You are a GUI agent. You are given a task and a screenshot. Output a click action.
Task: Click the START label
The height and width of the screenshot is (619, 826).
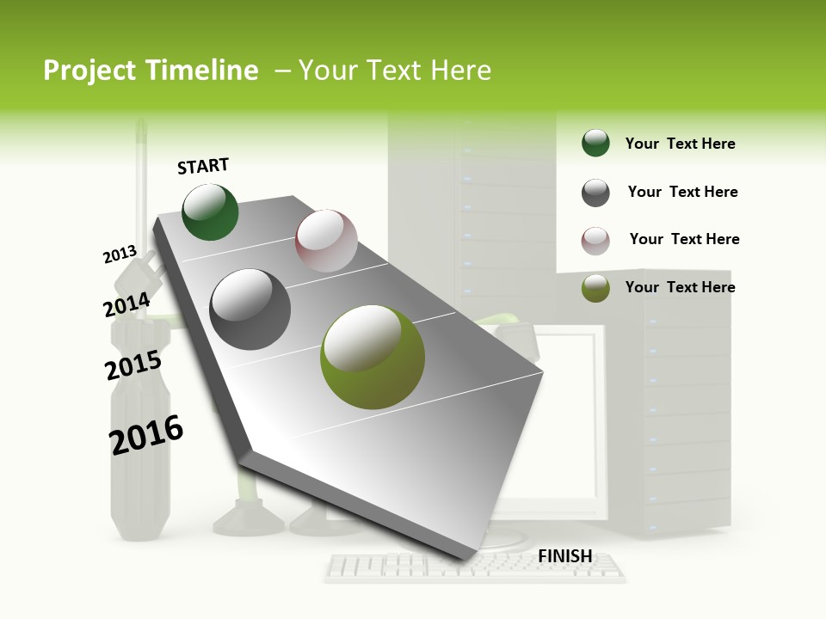(203, 166)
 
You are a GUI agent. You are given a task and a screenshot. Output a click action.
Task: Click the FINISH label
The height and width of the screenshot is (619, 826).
(564, 556)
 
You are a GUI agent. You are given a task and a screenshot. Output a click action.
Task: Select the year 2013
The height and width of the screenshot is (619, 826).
(120, 254)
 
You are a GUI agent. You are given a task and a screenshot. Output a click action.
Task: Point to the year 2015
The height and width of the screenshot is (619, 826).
(133, 365)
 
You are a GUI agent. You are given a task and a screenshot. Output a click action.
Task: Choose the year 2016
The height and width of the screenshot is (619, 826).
(146, 434)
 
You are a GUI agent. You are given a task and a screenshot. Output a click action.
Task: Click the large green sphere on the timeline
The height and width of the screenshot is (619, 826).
(210, 212)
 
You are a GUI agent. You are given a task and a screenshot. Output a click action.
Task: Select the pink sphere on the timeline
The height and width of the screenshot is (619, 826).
(326, 241)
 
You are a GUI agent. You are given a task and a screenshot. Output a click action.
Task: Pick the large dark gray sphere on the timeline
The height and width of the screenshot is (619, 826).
(250, 309)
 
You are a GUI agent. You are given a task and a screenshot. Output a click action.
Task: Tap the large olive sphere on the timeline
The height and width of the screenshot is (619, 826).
(372, 357)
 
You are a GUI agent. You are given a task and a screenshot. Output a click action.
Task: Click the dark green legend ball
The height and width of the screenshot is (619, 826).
(595, 144)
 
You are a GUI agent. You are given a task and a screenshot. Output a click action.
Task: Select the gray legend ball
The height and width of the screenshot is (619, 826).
(595, 193)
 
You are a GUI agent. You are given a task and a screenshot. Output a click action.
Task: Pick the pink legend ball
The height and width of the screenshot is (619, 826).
(595, 240)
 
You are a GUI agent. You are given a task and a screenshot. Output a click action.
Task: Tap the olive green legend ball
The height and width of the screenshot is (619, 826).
(595, 288)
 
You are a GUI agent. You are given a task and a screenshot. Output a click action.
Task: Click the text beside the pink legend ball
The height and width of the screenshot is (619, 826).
(684, 239)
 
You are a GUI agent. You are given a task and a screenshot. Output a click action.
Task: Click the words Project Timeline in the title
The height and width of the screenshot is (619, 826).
(151, 70)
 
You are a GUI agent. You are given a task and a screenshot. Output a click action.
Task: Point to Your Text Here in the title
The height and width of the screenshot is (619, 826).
(395, 70)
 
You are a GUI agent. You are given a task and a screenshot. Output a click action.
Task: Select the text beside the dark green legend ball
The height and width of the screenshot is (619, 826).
(680, 144)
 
